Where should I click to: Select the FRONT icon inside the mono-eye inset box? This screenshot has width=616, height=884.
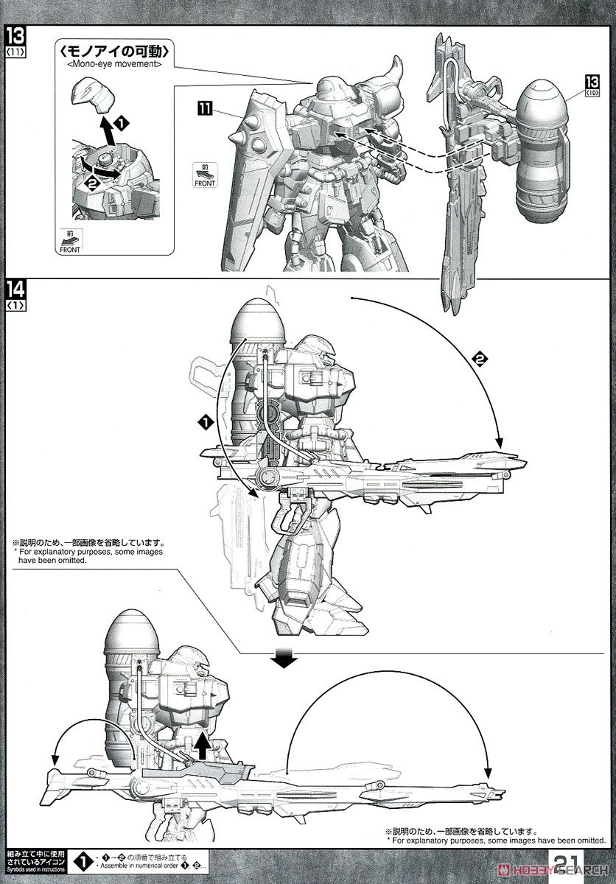[x=71, y=240]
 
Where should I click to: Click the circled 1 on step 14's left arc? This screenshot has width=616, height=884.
[x=206, y=422]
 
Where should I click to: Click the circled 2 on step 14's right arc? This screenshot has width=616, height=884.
[x=480, y=359]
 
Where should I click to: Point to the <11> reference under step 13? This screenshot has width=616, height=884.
[x=15, y=54]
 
